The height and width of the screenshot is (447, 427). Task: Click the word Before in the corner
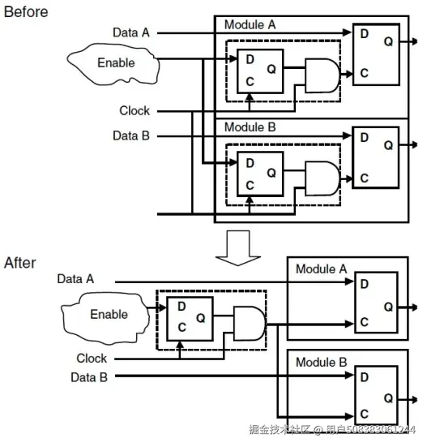click(26, 12)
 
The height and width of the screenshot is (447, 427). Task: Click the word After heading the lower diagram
click(20, 263)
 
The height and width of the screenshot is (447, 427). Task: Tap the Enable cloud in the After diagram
click(106, 317)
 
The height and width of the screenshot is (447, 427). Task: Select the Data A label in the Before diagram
click(131, 32)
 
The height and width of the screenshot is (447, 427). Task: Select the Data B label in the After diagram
click(89, 377)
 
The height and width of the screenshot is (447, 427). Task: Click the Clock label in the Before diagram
click(135, 110)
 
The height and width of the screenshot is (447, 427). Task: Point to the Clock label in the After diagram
click(92, 359)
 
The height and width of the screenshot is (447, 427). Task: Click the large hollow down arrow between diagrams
click(238, 248)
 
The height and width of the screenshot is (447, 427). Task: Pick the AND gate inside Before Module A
click(322, 75)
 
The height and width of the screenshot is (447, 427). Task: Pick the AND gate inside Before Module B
click(322, 178)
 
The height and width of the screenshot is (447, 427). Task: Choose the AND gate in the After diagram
click(250, 324)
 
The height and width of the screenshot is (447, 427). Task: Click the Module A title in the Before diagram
click(250, 25)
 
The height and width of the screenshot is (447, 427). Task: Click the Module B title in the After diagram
click(322, 363)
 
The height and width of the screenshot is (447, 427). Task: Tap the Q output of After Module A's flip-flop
click(388, 307)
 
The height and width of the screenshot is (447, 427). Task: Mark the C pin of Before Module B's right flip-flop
click(365, 178)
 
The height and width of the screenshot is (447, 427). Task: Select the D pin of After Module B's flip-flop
click(365, 377)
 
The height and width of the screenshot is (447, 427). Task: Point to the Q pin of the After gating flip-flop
click(200, 318)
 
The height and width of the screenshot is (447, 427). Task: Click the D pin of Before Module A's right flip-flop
click(365, 34)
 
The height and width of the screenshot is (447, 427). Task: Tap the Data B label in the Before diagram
click(131, 135)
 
